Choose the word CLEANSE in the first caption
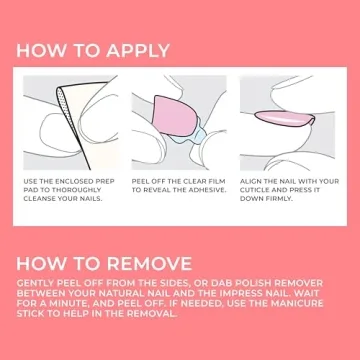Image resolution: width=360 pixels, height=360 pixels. coord(43,198)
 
